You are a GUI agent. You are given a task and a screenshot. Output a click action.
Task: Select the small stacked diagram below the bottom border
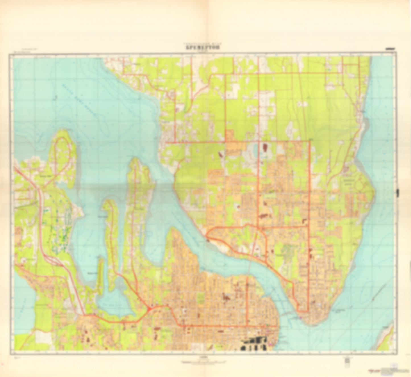click(x=347, y=361)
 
